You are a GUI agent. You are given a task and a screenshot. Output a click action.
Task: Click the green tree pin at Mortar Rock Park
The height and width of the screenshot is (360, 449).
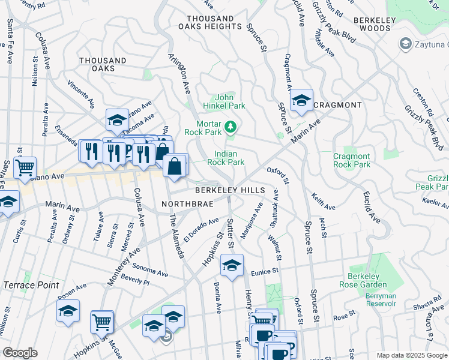click(x=231, y=127)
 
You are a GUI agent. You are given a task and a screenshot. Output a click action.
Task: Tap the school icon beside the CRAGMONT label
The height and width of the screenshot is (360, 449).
click(x=301, y=101)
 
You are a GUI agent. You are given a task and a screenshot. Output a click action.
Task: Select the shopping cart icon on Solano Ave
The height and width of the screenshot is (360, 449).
click(x=25, y=167)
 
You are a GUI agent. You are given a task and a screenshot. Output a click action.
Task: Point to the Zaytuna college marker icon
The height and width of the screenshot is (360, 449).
click(x=405, y=44)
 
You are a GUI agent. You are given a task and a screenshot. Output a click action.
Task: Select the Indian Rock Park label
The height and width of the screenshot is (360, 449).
click(x=226, y=158)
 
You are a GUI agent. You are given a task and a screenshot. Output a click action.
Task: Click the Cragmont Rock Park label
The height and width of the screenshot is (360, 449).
click(x=352, y=160)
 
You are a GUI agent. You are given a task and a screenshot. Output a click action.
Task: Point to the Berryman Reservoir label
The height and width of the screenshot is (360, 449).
click(x=381, y=299)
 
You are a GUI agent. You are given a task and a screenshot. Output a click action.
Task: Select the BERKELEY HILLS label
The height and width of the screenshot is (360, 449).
click(x=229, y=190)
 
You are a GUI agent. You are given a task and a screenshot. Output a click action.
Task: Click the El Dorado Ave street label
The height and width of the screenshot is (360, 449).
click(x=202, y=229)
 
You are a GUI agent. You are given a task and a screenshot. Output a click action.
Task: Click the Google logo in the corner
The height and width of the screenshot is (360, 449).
click(x=20, y=353)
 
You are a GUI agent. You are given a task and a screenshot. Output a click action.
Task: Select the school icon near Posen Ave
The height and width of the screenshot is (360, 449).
click(x=68, y=311)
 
